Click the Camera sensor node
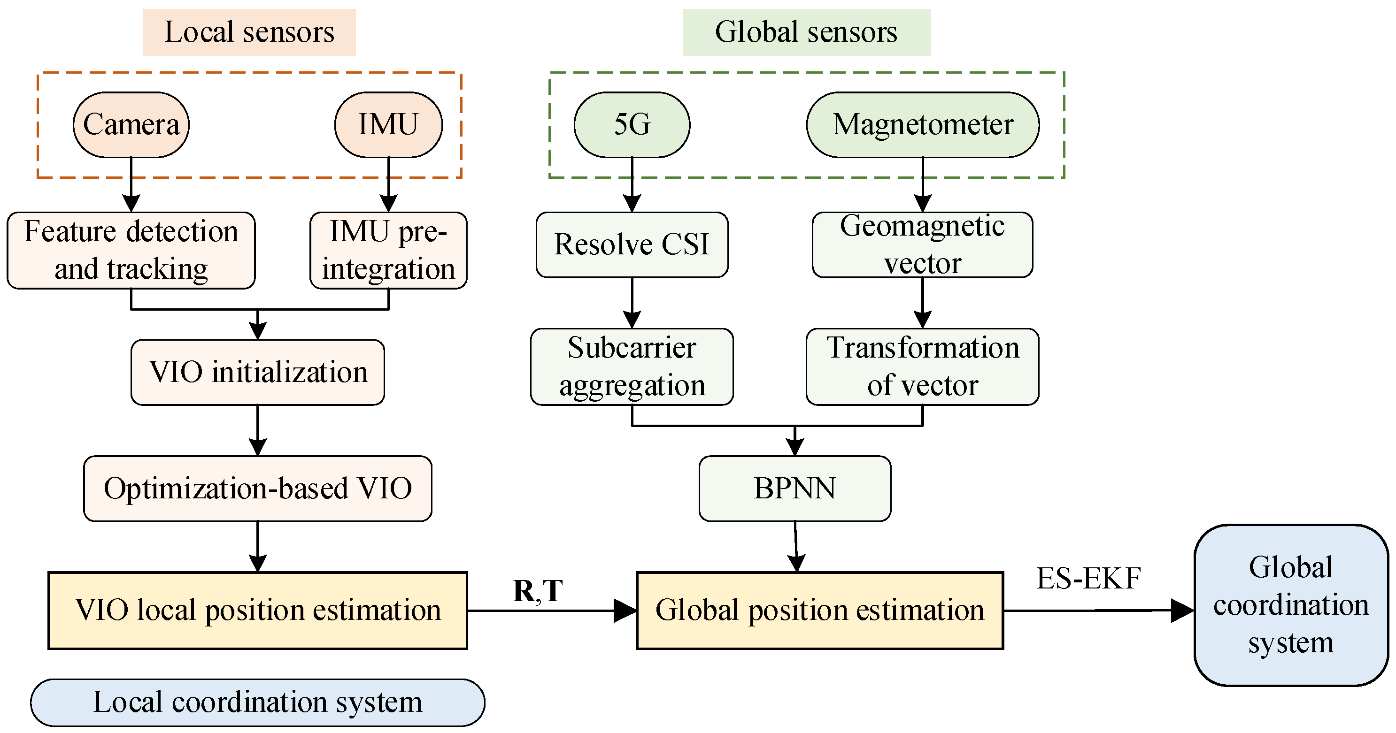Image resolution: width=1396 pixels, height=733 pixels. tap(131, 125)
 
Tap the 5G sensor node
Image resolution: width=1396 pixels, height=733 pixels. tap(632, 125)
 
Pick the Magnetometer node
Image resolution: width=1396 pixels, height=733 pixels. tap(922, 125)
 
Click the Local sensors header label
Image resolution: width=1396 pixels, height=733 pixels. tap(249, 32)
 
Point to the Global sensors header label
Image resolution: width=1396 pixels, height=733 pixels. tap(806, 32)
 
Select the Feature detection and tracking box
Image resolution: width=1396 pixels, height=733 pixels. tap(131, 250)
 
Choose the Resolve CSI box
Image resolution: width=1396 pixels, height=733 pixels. tap(632, 245)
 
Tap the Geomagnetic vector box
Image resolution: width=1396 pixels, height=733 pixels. tap(922, 245)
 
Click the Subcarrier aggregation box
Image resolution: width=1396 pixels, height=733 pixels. tap(632, 367)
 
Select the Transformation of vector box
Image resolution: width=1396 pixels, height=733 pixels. tap(922, 367)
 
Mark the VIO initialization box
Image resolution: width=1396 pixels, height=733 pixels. tap(258, 372)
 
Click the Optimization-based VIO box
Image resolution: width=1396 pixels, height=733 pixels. tap(258, 489)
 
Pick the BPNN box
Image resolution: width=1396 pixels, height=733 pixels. tap(794, 489)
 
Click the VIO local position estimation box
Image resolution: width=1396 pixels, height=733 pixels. tap(258, 611)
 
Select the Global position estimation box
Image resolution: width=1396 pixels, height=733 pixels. tap(820, 611)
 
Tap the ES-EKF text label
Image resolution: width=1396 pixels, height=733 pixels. tap(1089, 579)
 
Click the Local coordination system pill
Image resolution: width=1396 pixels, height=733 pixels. tap(258, 702)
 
